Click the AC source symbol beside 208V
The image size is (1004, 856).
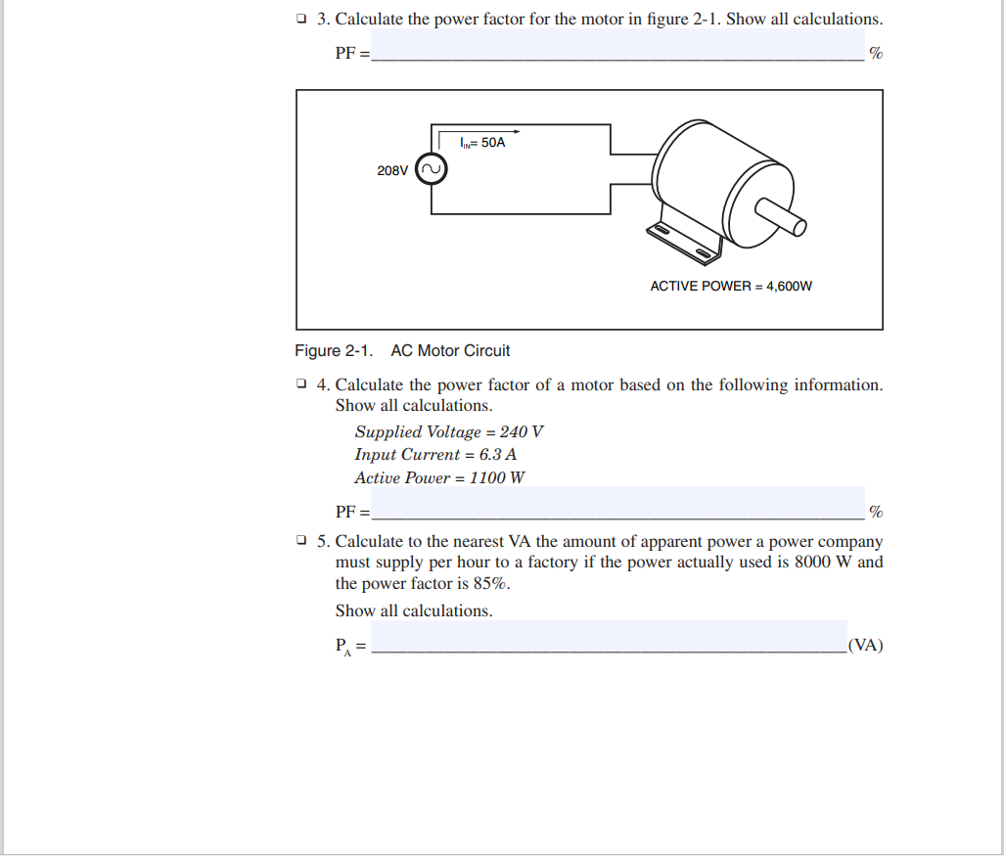coord(432,170)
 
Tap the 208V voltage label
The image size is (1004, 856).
coord(392,171)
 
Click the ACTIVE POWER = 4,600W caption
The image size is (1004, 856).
coord(731,287)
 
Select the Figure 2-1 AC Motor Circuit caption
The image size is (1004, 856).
coord(402,351)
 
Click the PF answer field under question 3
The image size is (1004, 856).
coord(616,45)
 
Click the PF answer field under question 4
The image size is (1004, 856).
coord(616,503)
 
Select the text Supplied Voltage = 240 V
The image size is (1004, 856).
coord(449,431)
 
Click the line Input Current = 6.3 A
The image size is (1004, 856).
coord(435,455)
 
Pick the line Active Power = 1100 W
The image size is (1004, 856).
coord(439,478)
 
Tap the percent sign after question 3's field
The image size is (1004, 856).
coord(876,54)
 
